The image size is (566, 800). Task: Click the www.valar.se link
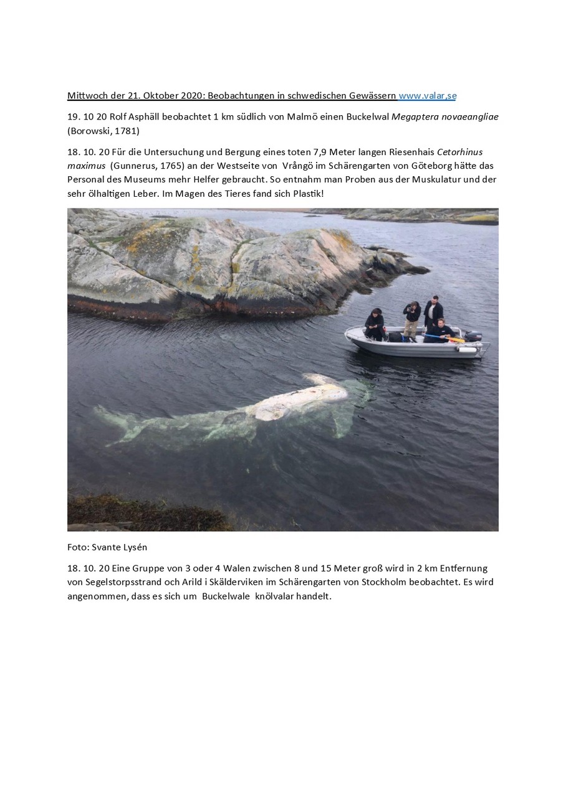(x=428, y=96)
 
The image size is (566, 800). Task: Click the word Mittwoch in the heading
(x=87, y=96)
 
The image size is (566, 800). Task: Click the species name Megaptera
(x=416, y=117)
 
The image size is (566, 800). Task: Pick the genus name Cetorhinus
(x=460, y=153)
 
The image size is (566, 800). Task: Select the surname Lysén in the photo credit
(x=133, y=547)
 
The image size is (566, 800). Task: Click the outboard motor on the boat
(x=472, y=336)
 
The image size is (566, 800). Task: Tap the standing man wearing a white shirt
(x=434, y=313)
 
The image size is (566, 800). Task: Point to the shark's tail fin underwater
(x=115, y=423)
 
